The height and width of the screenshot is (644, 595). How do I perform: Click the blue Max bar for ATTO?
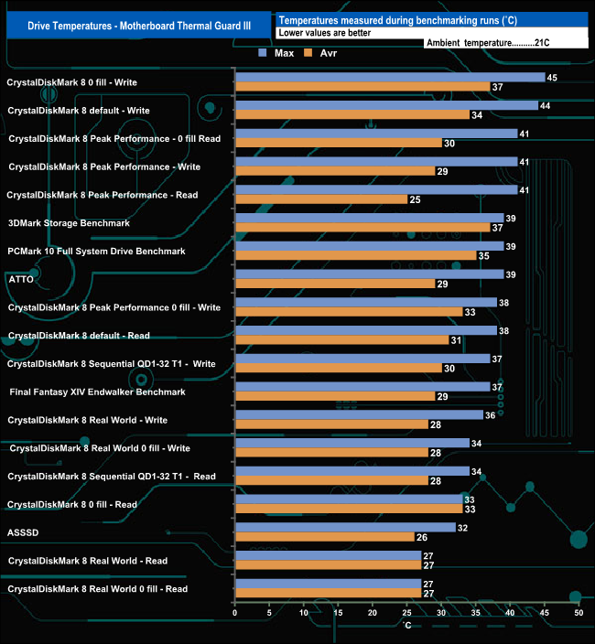(x=369, y=274)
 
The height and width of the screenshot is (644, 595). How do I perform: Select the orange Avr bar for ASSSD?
(x=324, y=537)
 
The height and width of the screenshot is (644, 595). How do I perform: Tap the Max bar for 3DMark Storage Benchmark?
(x=369, y=218)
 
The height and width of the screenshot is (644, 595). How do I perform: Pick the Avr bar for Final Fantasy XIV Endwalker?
(x=334, y=396)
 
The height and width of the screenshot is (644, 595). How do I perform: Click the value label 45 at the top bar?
(x=552, y=77)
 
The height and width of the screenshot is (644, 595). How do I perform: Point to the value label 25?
(x=415, y=199)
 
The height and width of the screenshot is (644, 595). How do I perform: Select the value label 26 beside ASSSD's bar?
(x=421, y=537)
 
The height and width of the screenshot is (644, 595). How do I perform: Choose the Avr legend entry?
(x=352, y=52)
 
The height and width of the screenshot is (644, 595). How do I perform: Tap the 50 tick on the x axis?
(x=578, y=613)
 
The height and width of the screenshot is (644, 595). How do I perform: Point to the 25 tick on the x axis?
(x=406, y=613)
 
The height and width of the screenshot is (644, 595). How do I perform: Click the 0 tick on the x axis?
(x=235, y=613)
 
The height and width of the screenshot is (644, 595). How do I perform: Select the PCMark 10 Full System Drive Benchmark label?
(x=96, y=251)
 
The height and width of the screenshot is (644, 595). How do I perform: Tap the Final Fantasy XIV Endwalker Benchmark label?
(x=97, y=392)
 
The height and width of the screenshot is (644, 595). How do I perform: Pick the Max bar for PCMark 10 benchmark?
(x=369, y=246)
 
